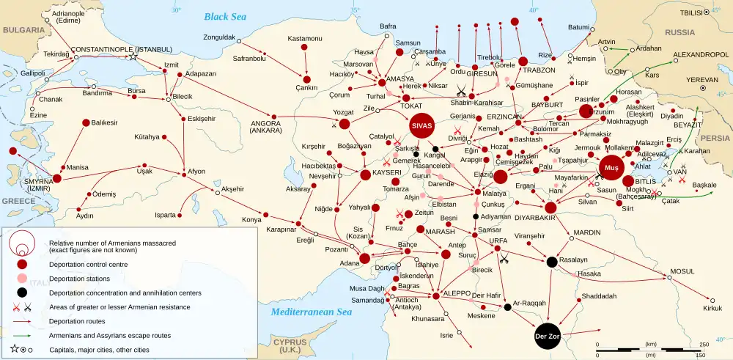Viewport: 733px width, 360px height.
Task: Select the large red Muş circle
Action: tap(611, 168)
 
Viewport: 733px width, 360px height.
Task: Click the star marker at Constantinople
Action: tap(133, 57)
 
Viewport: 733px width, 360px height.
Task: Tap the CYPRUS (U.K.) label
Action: tap(290, 346)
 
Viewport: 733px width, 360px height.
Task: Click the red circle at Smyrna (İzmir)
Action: tap(56, 178)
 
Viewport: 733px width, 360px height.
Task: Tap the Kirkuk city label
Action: tap(713, 308)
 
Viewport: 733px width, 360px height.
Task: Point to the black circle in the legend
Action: tap(23, 293)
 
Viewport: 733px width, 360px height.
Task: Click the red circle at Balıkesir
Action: tap(86, 122)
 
